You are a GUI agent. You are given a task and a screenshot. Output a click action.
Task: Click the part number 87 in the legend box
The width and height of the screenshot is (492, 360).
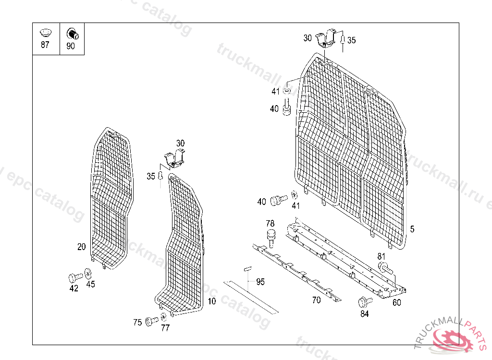coord(45,45)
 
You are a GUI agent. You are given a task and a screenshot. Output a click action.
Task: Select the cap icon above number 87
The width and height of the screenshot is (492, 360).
coord(45,33)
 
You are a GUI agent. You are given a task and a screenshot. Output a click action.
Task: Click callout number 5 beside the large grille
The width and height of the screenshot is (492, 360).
coord(412,229)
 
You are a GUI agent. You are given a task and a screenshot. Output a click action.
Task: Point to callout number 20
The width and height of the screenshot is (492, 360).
coord(82,247)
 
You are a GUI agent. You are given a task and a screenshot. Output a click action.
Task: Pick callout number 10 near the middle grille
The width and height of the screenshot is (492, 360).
coord(211,301)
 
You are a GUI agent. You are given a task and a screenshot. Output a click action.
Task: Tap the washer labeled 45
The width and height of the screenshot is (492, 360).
coord(88,274)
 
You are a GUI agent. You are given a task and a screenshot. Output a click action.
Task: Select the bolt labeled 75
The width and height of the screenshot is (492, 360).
coord(153,320)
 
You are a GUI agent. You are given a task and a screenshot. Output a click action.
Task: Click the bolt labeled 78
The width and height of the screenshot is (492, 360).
coord(271,237)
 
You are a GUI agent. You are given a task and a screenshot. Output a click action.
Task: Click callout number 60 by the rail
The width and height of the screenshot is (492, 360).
coord(396,302)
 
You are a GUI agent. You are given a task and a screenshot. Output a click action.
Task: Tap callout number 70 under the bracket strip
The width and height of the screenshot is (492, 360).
coord(316,300)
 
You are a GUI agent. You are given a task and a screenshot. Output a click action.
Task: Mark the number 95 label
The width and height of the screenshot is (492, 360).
coord(260,282)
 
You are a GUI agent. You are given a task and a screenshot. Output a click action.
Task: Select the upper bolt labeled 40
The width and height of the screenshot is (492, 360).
coord(286,108)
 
